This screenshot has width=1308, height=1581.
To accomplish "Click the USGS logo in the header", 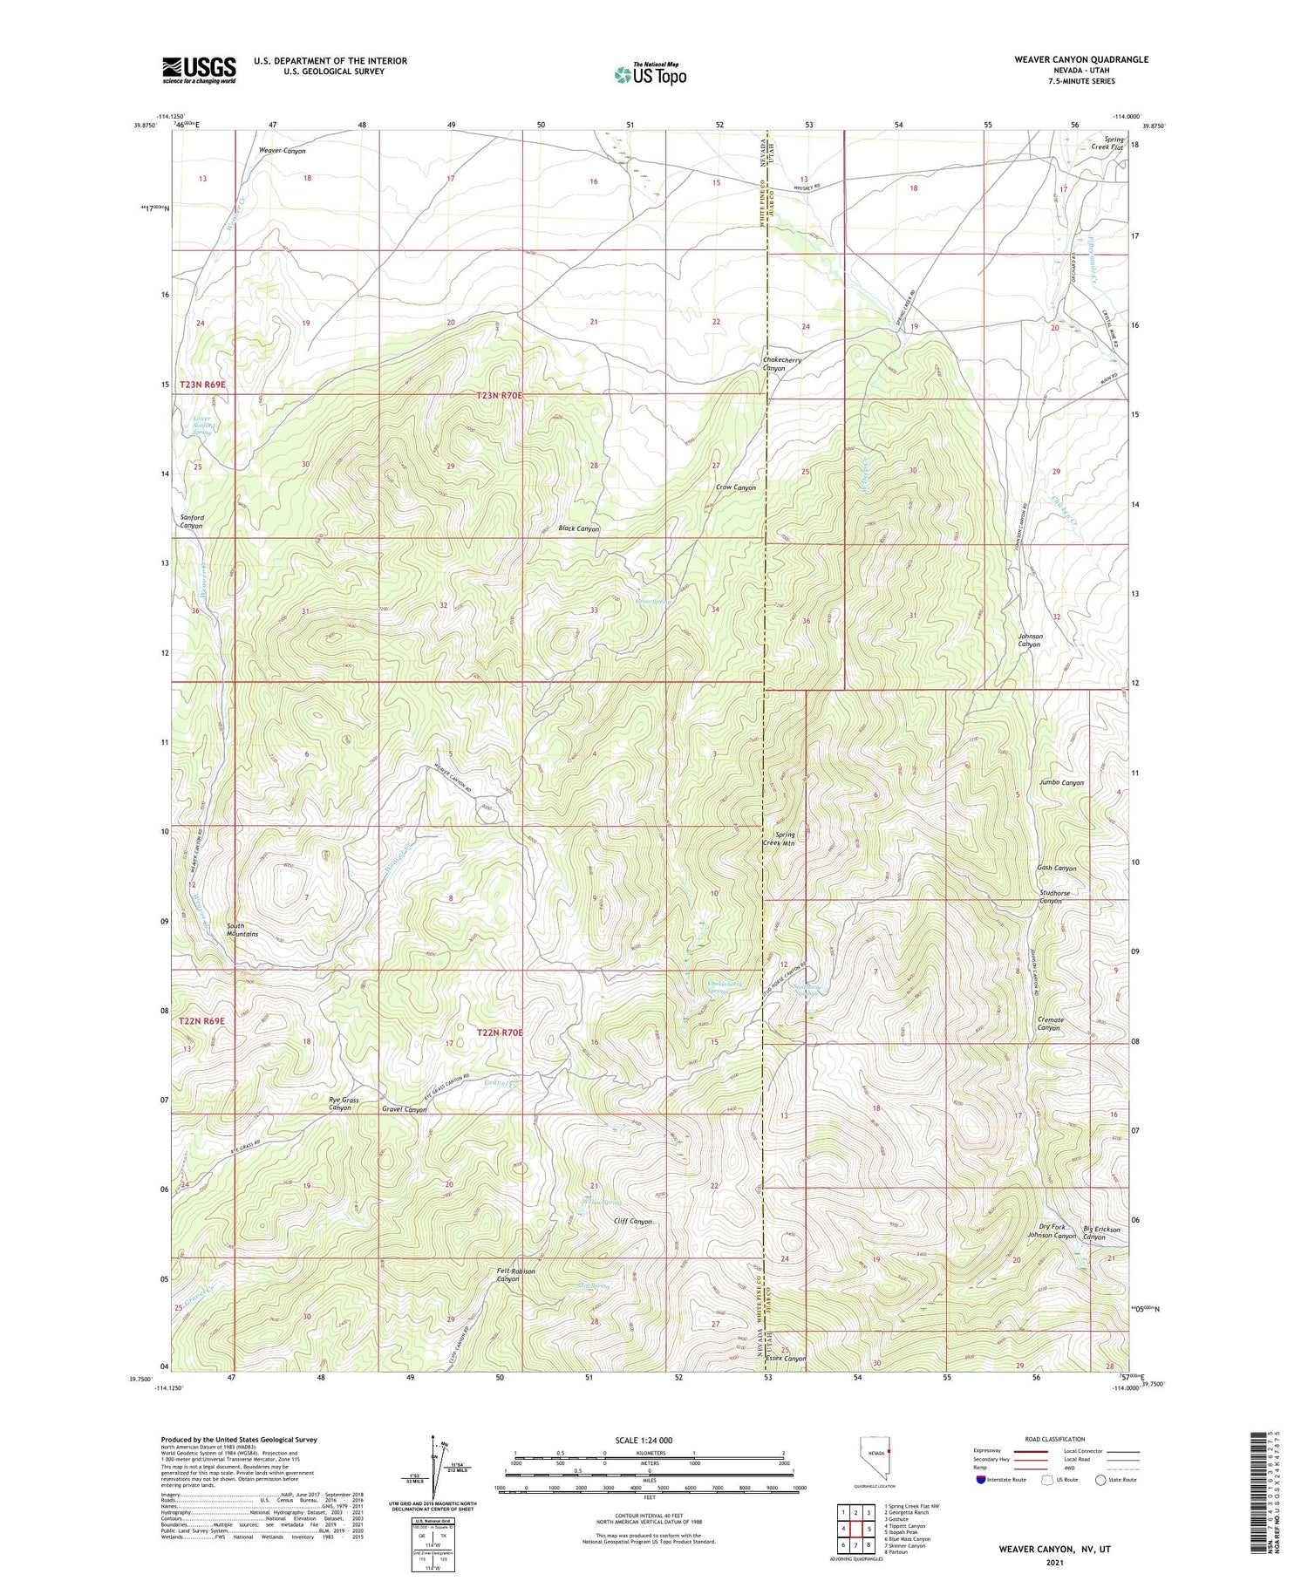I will click(199, 70).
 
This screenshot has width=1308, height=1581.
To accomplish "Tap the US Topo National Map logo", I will click(651, 74).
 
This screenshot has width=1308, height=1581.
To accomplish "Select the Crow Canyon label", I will click(735, 487).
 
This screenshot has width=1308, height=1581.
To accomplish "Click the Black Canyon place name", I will click(578, 528).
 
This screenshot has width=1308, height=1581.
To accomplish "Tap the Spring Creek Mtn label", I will click(779, 839).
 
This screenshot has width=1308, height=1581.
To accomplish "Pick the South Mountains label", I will click(242, 930).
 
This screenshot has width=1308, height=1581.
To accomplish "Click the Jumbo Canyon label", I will click(1061, 782).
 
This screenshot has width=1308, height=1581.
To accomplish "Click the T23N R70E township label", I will click(500, 395).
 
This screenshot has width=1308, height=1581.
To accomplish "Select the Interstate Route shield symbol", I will click(983, 1480).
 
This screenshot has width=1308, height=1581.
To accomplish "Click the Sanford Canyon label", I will click(192, 521).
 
